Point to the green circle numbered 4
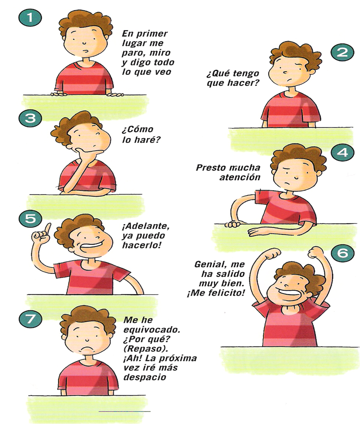(342, 153)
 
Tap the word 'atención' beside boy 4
(240, 177)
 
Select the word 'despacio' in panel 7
(145, 377)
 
